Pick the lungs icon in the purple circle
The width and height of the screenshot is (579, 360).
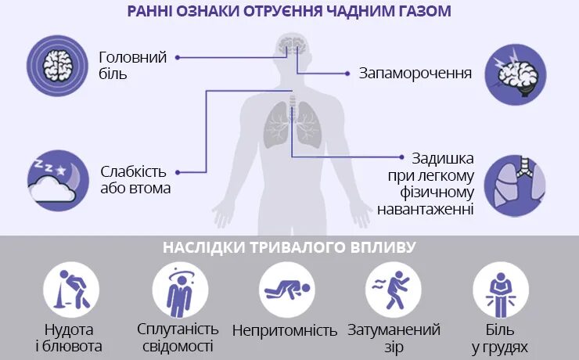point(515,186)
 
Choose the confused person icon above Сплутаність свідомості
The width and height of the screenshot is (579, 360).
point(179,288)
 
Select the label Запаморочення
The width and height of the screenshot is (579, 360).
point(415,74)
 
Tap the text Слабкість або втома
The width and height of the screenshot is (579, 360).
point(135,179)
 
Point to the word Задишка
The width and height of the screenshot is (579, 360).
point(437,159)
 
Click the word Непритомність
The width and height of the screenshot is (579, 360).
point(286,330)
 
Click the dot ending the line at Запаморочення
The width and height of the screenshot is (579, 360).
point(347,74)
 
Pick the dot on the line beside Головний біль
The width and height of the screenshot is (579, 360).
point(178,57)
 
